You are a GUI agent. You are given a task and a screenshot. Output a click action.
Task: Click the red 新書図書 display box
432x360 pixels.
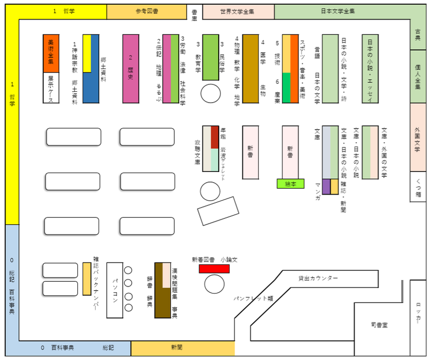pyautogui.click(x=214, y=269)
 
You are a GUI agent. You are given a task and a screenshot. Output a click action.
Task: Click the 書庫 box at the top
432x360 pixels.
pyautogui.click(x=195, y=14)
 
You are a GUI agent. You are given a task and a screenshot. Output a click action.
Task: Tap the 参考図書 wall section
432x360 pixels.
pyautogui.click(x=146, y=11)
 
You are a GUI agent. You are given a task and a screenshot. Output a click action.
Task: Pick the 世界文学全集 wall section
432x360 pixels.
pyautogui.click(x=238, y=11)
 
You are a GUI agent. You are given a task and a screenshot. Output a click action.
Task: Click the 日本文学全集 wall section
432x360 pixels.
pyautogui.click(x=337, y=11)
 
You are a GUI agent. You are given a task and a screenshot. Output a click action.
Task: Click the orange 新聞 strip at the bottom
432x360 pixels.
pyautogui.click(x=183, y=348)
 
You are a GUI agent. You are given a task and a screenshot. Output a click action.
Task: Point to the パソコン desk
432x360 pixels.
pyautogui.click(x=115, y=290)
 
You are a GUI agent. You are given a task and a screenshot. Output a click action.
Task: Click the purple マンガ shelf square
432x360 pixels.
pyautogui.click(x=326, y=185)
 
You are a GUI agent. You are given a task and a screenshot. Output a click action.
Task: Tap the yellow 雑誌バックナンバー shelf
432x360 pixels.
pyautogui.click(x=87, y=278)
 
